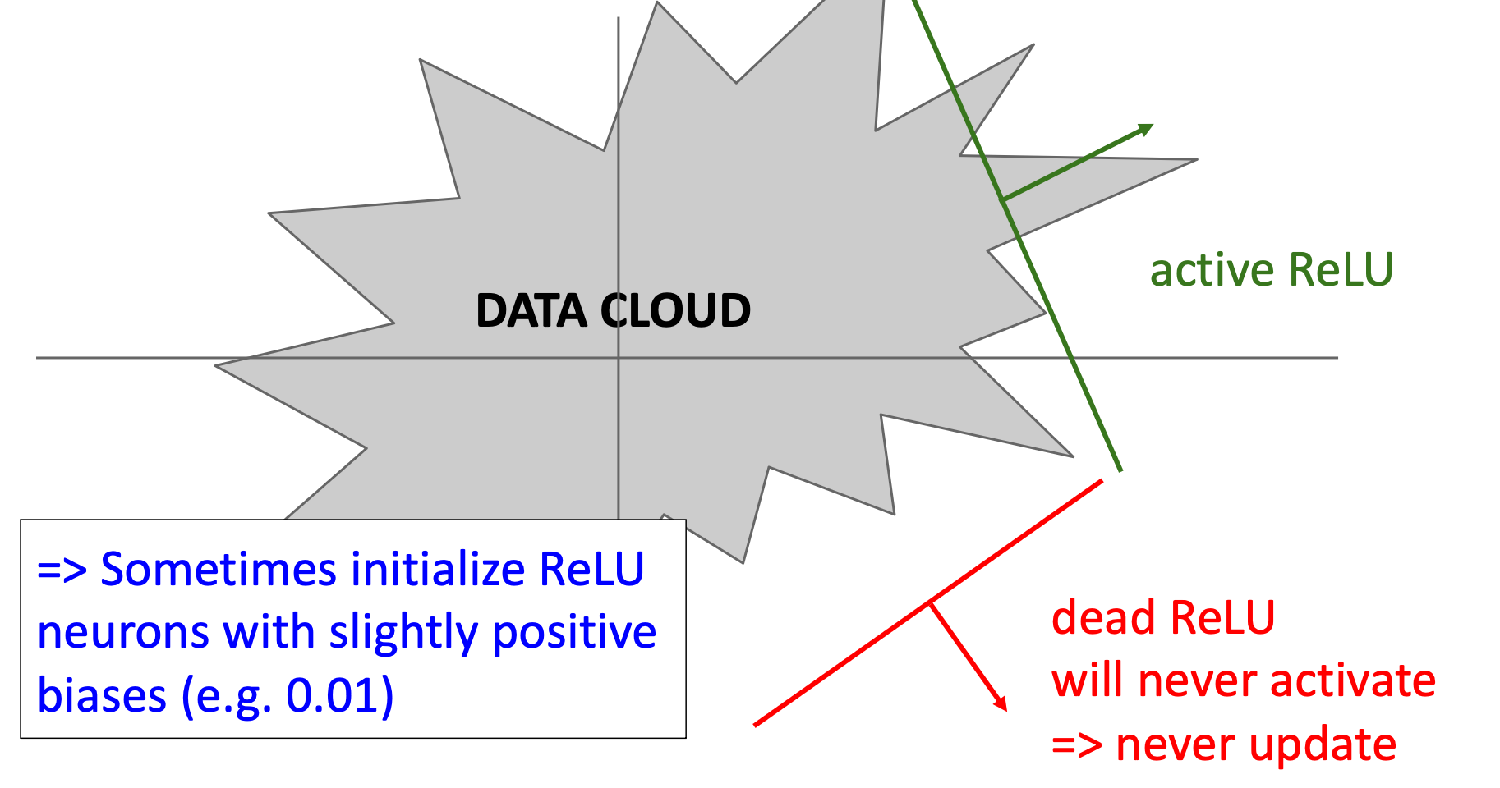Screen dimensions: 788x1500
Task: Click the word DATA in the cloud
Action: [x=531, y=311]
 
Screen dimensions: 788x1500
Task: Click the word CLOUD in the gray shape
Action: [x=675, y=311]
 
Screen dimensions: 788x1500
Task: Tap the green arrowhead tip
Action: [x=1152, y=126]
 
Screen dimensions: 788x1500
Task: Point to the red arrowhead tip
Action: [x=1005, y=709]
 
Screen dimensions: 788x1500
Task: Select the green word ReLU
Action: [x=1341, y=269]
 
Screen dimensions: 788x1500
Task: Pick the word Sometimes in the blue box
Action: [x=218, y=569]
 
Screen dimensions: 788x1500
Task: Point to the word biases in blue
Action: [x=102, y=695]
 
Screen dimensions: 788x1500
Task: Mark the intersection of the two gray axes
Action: [x=619, y=358]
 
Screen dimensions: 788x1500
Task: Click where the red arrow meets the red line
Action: [x=930, y=603]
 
